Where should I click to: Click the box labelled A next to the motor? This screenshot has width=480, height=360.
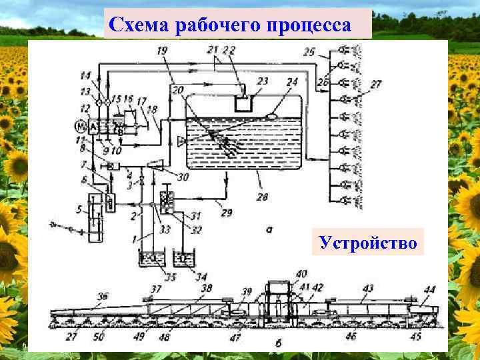[93, 126]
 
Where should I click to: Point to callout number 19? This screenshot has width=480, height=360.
[162, 51]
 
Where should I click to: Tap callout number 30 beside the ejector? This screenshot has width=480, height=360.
[182, 177]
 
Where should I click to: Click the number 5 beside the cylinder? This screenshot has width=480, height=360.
[79, 211]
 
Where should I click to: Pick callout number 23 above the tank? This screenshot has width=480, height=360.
[263, 81]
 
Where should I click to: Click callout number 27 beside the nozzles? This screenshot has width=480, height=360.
[377, 85]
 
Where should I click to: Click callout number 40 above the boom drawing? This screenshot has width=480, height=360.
[301, 273]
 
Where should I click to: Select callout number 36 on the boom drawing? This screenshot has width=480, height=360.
[103, 296]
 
